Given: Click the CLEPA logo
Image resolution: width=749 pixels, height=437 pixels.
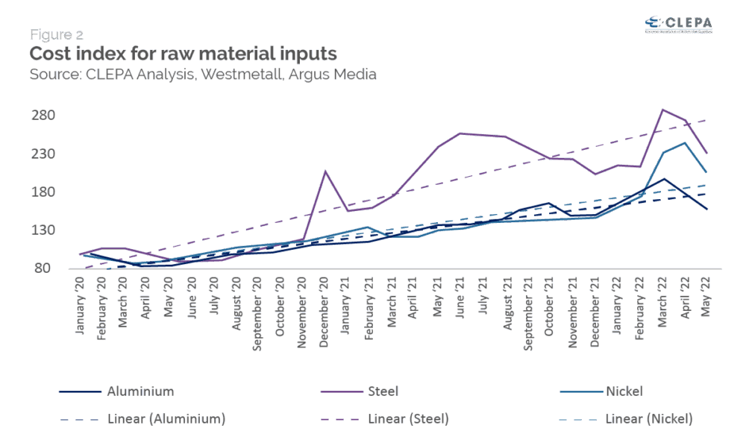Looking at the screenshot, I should click(x=677, y=24).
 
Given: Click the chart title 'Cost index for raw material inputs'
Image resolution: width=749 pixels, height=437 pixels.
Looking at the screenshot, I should click(x=183, y=54).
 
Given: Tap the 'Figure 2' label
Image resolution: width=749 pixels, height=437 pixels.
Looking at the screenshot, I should click(x=57, y=34).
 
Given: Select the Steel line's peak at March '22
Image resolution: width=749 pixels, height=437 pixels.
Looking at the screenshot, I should click(x=662, y=110).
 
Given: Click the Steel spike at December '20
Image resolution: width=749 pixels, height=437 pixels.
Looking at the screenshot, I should click(x=325, y=171).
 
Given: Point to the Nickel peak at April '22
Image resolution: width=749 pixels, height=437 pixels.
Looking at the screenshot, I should click(x=684, y=142).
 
